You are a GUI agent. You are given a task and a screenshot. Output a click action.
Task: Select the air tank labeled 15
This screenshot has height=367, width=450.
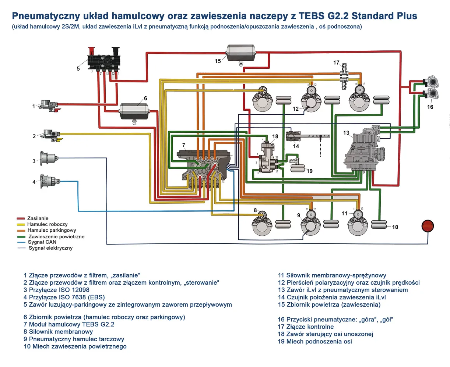pos(240,53)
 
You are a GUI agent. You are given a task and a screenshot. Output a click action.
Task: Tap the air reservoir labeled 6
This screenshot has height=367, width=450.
pos(134,110)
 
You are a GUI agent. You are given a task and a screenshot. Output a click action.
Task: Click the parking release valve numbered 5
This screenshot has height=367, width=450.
pos(103,59)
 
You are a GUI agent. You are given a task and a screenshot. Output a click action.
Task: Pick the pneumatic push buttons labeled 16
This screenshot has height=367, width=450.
pos(430,88)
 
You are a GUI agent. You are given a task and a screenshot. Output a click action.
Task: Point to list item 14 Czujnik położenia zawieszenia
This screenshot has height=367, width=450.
pos(331,297)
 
